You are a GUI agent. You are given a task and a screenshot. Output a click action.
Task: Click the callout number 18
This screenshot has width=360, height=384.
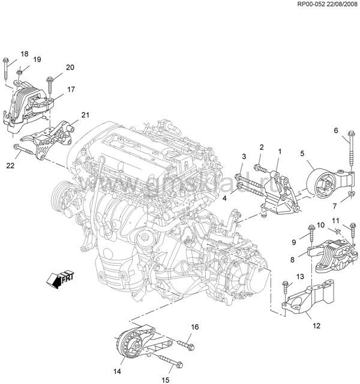point(24,54)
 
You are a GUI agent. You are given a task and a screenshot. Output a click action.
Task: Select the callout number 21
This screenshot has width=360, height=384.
point(85,115)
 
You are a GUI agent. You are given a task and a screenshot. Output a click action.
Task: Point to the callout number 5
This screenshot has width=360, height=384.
point(302,153)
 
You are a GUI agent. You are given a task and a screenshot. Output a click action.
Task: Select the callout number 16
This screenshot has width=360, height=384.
point(194,327)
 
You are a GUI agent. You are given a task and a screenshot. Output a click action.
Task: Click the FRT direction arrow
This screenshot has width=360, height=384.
point(59,278)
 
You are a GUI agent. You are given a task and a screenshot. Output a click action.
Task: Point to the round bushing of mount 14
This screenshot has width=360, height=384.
point(128,347)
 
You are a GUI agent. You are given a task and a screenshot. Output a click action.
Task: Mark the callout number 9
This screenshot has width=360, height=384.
point(294,242)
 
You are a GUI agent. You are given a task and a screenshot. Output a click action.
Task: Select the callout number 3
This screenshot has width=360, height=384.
point(244,157)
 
